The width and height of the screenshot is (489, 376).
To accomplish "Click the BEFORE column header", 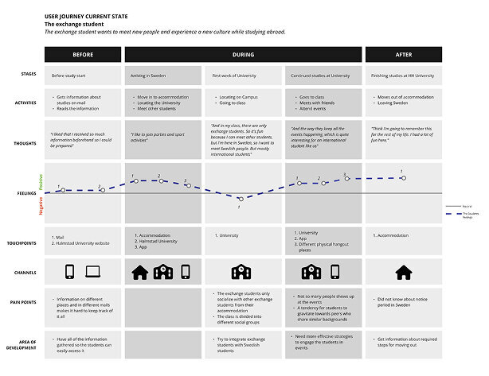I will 83,55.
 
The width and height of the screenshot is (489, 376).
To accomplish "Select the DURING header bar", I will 244,55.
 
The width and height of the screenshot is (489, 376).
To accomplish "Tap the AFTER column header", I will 403,55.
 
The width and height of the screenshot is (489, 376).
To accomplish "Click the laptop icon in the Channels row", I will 94,272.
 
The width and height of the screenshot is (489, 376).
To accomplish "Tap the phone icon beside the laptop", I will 70,272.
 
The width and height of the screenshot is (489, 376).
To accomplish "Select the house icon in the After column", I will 404,272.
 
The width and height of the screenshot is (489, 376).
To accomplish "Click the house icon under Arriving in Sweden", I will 139,272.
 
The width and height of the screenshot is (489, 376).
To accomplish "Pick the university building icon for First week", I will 241,272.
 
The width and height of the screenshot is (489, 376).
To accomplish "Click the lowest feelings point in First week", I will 240,199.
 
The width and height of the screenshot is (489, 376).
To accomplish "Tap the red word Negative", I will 41,206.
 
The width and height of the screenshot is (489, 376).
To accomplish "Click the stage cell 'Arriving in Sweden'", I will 148,75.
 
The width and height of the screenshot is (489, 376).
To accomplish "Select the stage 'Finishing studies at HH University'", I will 403,75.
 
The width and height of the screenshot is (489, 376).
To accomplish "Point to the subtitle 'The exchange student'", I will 70,25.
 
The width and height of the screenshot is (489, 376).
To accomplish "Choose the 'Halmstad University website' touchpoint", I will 81,242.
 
